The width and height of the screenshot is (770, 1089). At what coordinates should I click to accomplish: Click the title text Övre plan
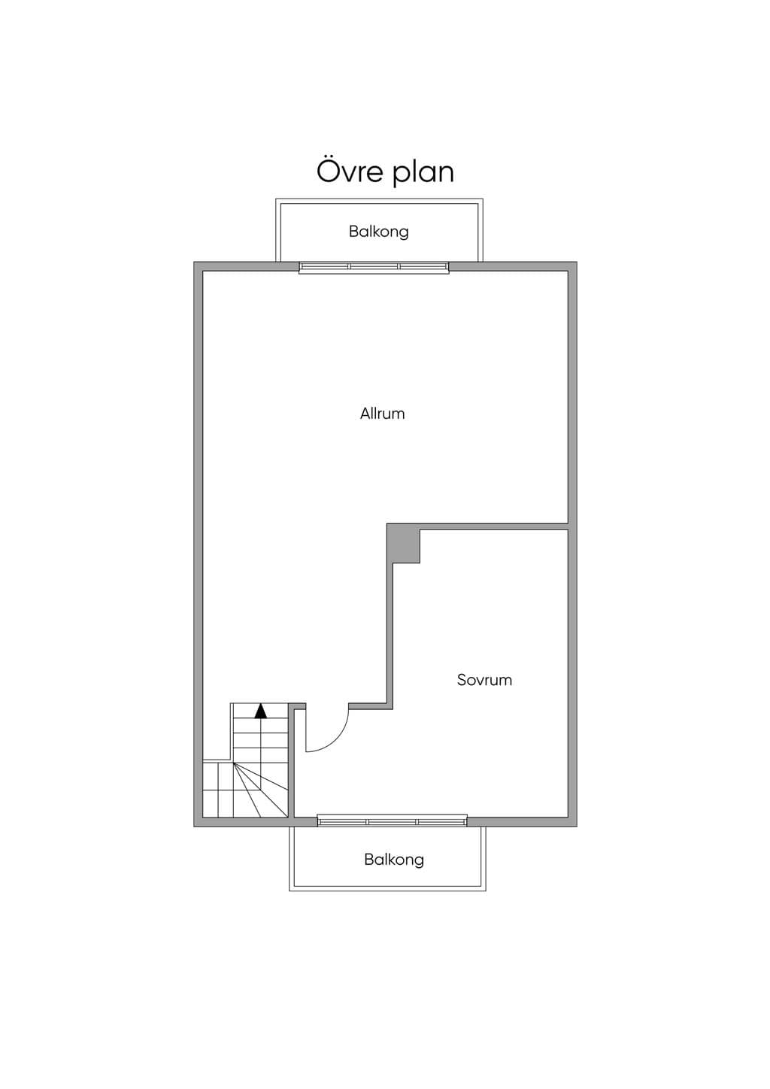point(386,172)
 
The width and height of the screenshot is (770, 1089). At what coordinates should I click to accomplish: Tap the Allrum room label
point(383,414)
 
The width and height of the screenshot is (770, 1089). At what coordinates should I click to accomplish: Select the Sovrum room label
point(485,680)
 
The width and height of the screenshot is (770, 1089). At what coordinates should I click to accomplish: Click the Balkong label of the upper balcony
point(379,232)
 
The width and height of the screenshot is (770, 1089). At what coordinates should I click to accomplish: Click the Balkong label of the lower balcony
point(394,860)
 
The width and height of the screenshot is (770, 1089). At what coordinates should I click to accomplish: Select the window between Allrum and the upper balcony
point(374,267)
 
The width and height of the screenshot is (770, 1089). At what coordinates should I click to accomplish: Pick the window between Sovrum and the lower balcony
point(393,821)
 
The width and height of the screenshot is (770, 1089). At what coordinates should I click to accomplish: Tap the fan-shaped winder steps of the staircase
point(261,790)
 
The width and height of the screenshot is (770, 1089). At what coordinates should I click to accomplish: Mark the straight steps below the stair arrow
point(261,741)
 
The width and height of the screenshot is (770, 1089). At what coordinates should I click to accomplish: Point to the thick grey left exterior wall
point(198,544)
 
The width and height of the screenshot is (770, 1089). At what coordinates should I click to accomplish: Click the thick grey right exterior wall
point(573,544)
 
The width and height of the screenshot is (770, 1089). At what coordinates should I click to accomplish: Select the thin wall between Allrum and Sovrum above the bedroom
point(494,526)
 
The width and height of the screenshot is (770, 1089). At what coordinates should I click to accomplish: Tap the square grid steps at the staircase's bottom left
point(218,790)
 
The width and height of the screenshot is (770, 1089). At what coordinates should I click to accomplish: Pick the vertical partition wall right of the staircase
point(293,764)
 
